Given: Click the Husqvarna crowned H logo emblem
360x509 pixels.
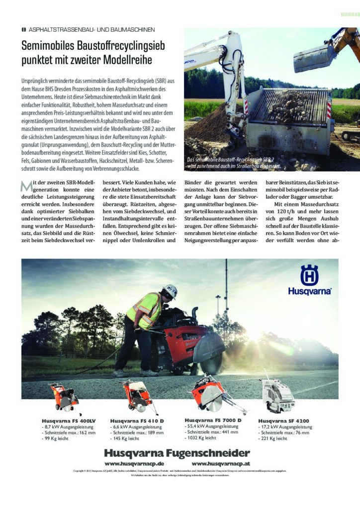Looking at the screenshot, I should point(309,275).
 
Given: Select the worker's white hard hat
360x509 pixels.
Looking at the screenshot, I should point(170,291).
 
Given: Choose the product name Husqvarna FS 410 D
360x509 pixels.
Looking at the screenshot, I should point(137,421).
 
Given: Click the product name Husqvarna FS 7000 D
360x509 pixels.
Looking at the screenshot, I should point(213,420).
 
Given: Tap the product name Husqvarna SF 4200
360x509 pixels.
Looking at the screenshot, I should point(283,421).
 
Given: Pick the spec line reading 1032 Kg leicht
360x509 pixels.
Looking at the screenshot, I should point(201,438).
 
